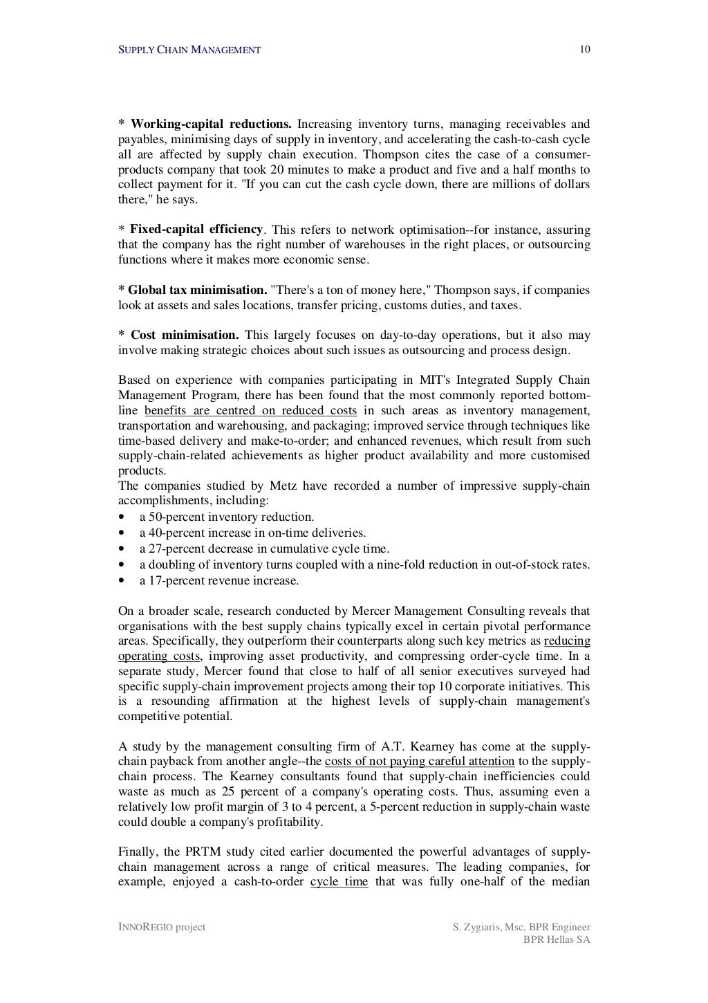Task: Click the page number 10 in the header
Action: tap(585, 49)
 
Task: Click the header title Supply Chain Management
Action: tap(189, 50)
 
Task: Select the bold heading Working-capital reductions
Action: tap(211, 125)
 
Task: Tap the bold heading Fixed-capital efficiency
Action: tap(196, 229)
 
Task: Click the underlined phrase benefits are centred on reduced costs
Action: tap(250, 411)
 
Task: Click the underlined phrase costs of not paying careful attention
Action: tap(424, 762)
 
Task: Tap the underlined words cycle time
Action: tap(339, 882)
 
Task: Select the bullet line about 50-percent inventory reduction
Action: tap(226, 517)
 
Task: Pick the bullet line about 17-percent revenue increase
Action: tap(218, 580)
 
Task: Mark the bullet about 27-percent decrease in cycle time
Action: tap(263, 549)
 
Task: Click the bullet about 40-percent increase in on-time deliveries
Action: tap(252, 533)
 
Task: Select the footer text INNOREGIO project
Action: tap(162, 927)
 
